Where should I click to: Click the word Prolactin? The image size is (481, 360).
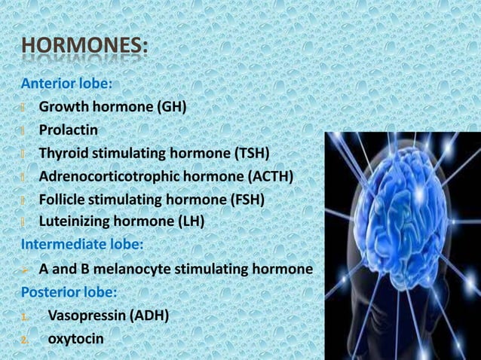[x=69, y=130]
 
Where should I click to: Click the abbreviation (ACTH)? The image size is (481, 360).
[x=268, y=176]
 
